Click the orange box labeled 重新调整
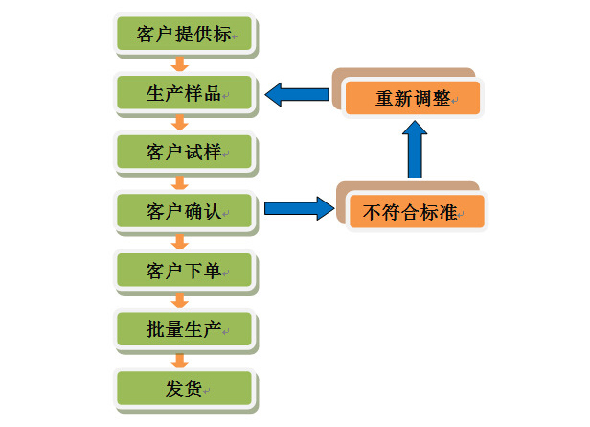(x=413, y=98)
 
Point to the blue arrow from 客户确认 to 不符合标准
(x=298, y=208)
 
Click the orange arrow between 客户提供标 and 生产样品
(x=178, y=65)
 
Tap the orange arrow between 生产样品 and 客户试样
(x=178, y=123)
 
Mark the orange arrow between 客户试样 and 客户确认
(x=178, y=180)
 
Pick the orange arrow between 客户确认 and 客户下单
(x=178, y=240)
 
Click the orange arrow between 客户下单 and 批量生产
(x=178, y=299)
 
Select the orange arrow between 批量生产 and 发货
(x=178, y=359)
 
